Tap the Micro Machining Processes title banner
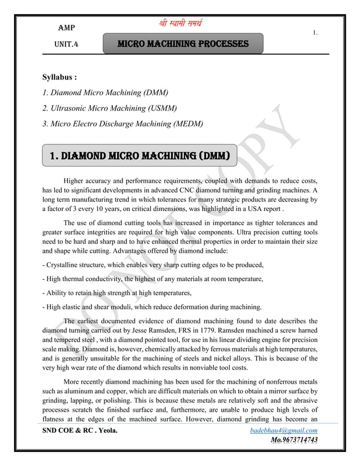[x=183, y=43]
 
